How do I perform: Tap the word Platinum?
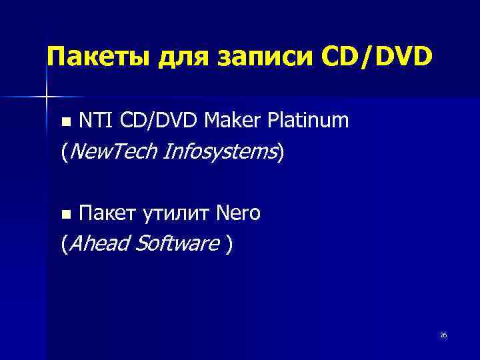308,121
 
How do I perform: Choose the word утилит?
175,214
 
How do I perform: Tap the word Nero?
238,214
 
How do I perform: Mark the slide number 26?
443,335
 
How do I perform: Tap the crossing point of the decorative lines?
45,97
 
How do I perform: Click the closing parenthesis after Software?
230,245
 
